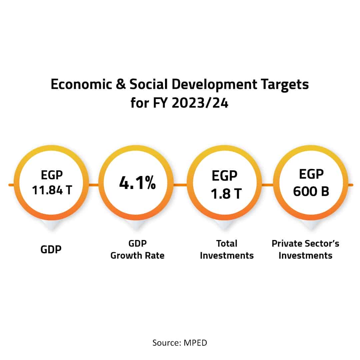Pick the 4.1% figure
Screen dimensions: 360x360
pyautogui.click(x=137, y=184)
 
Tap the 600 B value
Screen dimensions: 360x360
pyautogui.click(x=311, y=191)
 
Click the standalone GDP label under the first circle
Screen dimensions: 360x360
pyautogui.click(x=52, y=249)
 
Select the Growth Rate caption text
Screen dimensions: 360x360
pyautogui.click(x=137, y=256)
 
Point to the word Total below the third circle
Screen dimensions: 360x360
pyautogui.click(x=227, y=243)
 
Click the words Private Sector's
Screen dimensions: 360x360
pyautogui.click(x=305, y=243)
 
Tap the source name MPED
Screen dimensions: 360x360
pyautogui.click(x=195, y=342)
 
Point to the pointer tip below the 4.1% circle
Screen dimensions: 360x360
pyautogui.click(x=137, y=228)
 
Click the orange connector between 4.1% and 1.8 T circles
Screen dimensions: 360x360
pyautogui.click(x=180, y=184)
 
